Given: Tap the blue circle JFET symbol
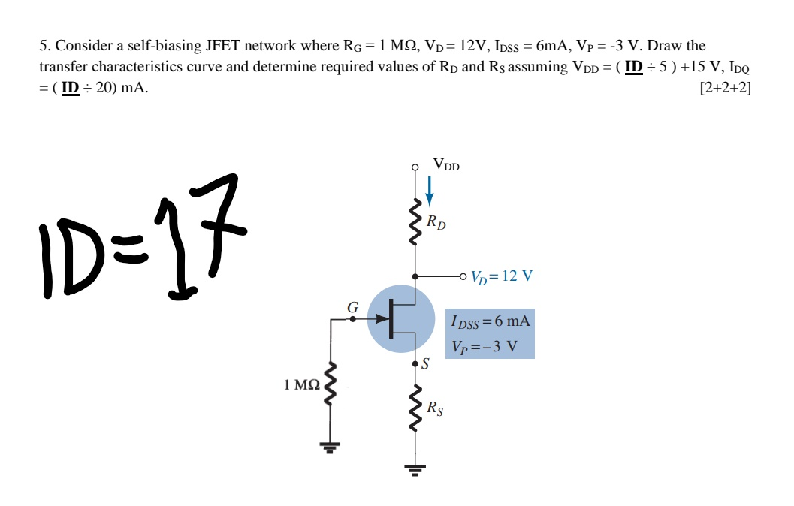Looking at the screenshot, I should pyautogui.click(x=402, y=319).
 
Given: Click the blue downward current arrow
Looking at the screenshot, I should pyautogui.click(x=429, y=191).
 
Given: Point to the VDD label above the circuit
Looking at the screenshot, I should pyautogui.click(x=446, y=164).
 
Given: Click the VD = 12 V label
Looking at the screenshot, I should pyautogui.click(x=502, y=276).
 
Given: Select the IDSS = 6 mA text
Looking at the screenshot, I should pyautogui.click(x=491, y=321).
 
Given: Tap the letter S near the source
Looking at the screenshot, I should pyautogui.click(x=426, y=366).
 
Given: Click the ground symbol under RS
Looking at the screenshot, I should pyautogui.click(x=414, y=471).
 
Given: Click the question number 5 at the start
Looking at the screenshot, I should pyautogui.click(x=43, y=46).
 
